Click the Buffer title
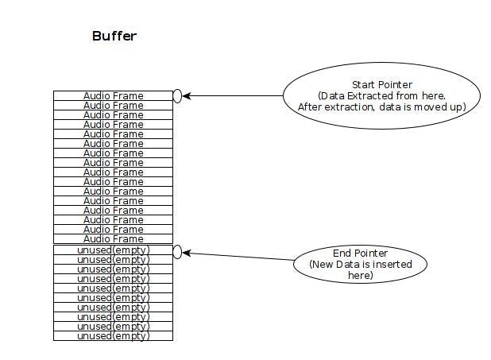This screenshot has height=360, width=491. (x=114, y=37)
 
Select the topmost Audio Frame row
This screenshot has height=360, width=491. (x=113, y=95)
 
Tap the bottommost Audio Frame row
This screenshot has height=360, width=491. (x=113, y=238)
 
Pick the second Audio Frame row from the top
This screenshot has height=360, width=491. (x=113, y=105)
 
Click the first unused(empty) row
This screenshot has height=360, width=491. (x=113, y=250)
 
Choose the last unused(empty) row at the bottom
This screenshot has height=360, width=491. (x=113, y=336)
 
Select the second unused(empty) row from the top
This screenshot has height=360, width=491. (x=113, y=259)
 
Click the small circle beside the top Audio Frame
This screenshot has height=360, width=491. (x=177, y=96)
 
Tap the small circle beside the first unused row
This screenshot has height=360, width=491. (x=177, y=252)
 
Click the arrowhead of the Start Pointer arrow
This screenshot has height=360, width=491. (x=187, y=96)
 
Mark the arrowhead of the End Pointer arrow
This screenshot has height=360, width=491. (x=187, y=254)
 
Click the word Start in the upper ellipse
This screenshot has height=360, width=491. (x=365, y=84)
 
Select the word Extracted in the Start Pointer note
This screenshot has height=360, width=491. (x=370, y=95)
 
